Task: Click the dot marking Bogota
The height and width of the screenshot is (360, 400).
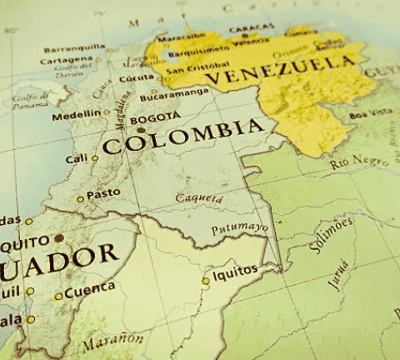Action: [141, 130]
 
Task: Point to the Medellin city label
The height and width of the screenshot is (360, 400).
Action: [75, 116]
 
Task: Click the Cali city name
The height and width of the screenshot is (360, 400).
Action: [76, 158]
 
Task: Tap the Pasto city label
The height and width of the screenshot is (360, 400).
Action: [104, 194]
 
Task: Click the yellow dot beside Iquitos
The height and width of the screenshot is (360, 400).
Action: [206, 282]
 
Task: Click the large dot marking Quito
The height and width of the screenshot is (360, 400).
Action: [58, 238]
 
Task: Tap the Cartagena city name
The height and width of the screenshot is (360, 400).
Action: [67, 60]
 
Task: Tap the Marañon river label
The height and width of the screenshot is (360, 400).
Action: [113, 341]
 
